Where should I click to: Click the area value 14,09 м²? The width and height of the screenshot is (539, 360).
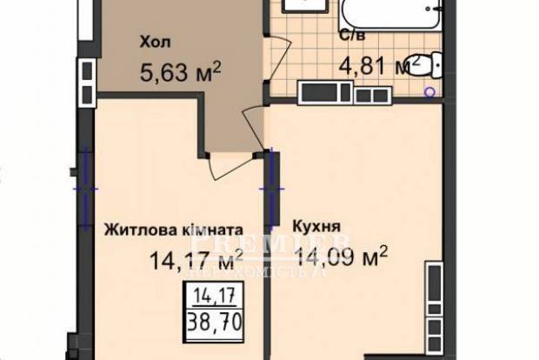342,257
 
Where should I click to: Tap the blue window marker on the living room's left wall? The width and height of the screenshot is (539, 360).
86,184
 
